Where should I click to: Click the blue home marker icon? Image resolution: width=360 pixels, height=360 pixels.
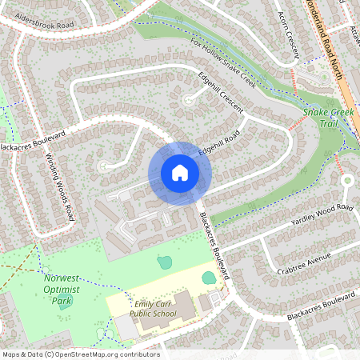(x=180, y=173)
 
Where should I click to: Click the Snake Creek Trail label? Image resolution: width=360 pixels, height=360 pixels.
(x=328, y=118)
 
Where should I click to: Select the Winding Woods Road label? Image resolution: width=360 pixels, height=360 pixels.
(x=60, y=186)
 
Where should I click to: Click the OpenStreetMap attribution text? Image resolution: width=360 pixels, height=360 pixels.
(x=80, y=354)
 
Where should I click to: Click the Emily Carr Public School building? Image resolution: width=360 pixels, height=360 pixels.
(x=184, y=305)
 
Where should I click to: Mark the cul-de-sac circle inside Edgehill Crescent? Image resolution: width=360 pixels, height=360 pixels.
(x=189, y=100)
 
